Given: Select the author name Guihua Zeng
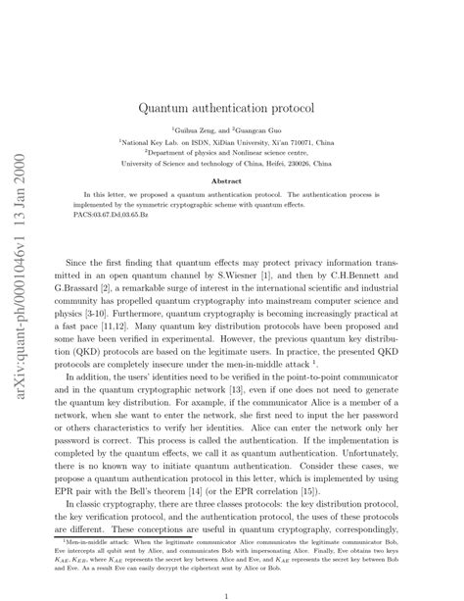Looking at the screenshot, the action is point(195,128).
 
